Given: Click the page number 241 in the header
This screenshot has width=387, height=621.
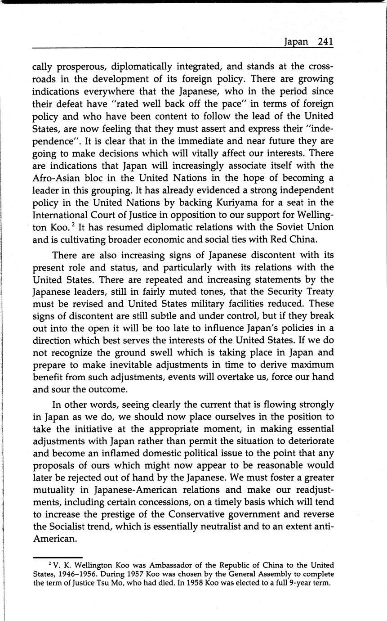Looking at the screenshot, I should pos(325,42).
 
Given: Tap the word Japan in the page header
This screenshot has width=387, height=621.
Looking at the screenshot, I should pos(296,42).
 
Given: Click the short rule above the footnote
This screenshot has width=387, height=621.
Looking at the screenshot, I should pos(58,557).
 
